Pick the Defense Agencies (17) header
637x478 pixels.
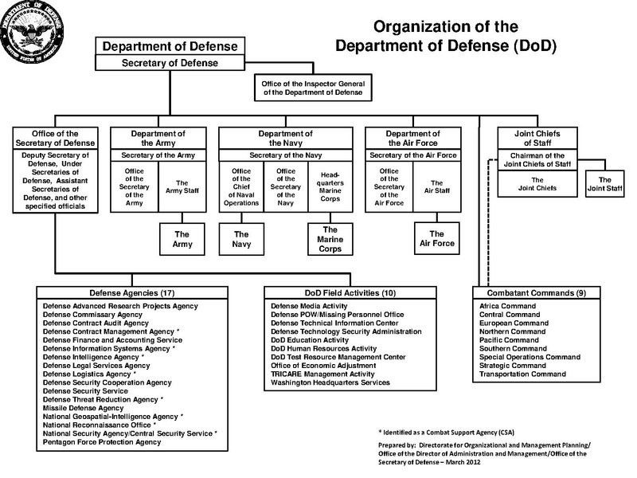(132, 292)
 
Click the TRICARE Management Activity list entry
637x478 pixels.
(322, 373)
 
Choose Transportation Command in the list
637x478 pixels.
(522, 374)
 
